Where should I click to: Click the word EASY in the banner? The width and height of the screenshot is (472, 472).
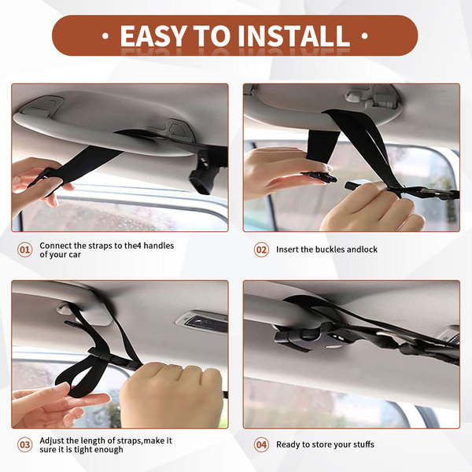(153, 36)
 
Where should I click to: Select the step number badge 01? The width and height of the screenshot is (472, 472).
(24, 250)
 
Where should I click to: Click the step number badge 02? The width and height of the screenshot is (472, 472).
(261, 250)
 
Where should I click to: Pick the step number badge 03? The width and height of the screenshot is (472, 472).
(24, 445)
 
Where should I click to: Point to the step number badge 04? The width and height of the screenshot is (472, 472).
(261, 445)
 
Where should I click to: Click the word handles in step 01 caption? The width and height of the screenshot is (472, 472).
(159, 245)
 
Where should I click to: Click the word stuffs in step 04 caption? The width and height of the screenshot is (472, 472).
(363, 444)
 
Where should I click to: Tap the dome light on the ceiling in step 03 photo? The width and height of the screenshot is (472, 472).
(202, 323)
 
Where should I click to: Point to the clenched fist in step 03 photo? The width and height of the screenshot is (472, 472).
(171, 393)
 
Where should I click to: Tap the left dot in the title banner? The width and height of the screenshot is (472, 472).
(105, 36)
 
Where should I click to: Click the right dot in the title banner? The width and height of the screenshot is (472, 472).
(365, 36)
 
